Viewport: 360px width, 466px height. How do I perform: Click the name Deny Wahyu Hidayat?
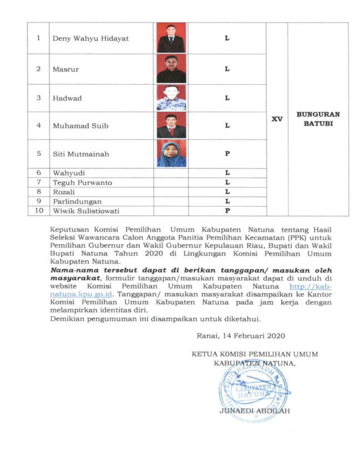(91, 39)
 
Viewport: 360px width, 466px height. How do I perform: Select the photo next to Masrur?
(171, 69)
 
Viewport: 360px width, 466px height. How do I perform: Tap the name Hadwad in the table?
(67, 98)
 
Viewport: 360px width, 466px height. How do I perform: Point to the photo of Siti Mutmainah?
(171, 153)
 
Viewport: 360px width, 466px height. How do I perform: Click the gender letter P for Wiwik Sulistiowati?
(227, 211)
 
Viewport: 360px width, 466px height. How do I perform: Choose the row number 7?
(39, 182)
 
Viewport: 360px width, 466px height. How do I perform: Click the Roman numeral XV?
(277, 119)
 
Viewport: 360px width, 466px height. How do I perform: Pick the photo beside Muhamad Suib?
(171, 126)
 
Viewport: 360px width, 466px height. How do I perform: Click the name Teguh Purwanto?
(82, 183)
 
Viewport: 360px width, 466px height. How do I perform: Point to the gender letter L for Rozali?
(227, 192)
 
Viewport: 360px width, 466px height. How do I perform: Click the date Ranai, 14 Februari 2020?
(241, 336)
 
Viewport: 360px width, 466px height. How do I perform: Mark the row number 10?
(39, 211)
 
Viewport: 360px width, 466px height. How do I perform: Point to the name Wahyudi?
(69, 173)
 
